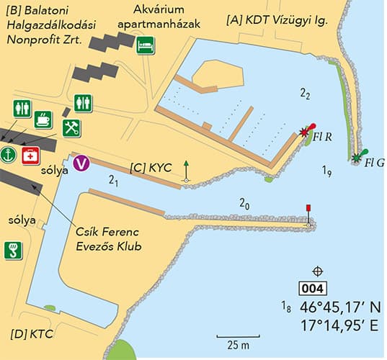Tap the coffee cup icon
[x=43, y=120]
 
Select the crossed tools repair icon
[x=71, y=128]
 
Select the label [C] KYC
[x=151, y=167]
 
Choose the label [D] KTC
[x=33, y=335]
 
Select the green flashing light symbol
[x=356, y=156]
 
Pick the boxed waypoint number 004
[x=315, y=289]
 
